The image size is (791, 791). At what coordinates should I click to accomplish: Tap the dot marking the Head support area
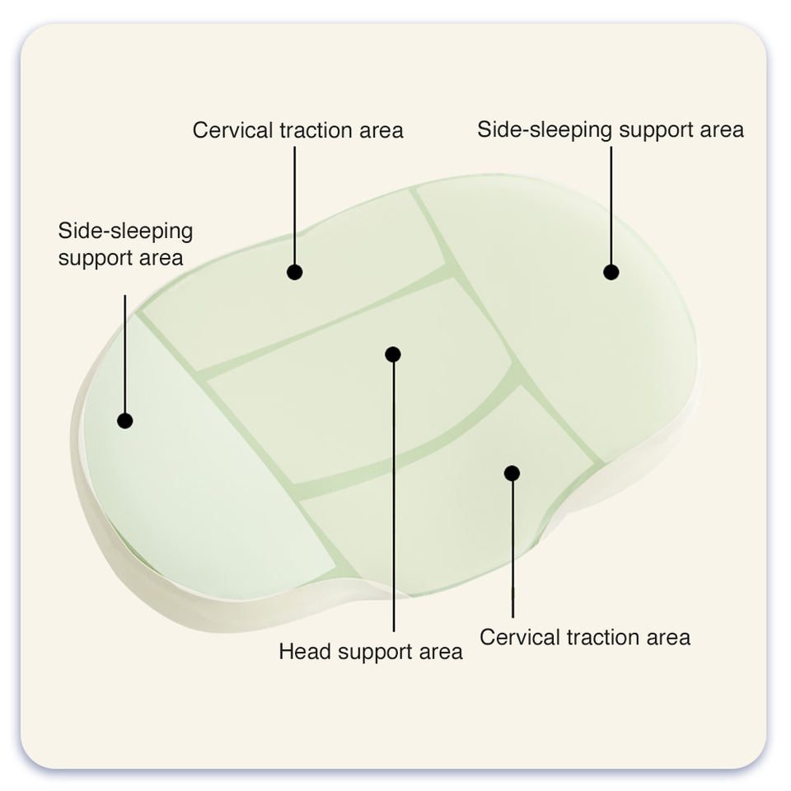pos(393,354)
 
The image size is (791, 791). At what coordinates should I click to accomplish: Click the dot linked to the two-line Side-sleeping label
pos(125,420)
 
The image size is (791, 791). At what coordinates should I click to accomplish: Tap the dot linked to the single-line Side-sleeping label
pos(611,273)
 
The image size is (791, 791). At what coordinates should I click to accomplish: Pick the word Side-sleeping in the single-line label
pos(545,130)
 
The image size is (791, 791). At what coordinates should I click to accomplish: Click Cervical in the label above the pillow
pos(232,130)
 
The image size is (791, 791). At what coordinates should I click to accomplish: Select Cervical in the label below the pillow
pos(520,637)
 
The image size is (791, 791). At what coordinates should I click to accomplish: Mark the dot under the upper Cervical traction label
pos(295,273)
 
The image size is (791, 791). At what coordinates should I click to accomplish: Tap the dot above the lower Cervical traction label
pos(512,473)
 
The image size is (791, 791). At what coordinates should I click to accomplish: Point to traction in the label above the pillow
pos(316,131)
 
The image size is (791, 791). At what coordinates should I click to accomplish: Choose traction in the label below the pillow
pos(603,638)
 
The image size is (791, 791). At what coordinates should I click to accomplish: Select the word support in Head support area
pos(375,653)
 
